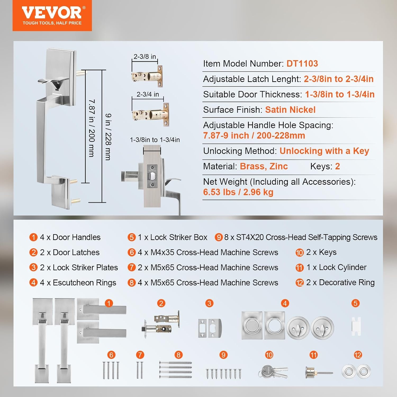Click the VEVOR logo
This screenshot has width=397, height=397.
coord(52,16)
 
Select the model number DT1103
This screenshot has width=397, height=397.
coord(302,64)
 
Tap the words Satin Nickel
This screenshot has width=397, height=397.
coord(290,110)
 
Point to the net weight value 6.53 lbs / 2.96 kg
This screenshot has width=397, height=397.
coord(238,192)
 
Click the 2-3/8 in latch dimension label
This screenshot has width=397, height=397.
coord(145,56)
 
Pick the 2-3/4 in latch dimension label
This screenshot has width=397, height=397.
coord(148,94)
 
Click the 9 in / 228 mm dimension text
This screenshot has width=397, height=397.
coord(108,137)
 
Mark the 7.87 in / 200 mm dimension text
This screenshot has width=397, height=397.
coord(92,128)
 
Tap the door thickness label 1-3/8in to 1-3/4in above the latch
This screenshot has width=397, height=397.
coord(155,140)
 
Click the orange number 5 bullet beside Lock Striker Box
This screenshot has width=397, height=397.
coord(132,237)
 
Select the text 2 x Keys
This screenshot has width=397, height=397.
coord(321,252)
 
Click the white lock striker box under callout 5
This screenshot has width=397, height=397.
coord(356,326)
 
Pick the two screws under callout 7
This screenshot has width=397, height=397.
coord(140,370)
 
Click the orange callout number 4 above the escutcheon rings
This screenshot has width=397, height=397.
coord(285,303)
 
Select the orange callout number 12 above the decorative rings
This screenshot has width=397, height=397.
coord(358,355)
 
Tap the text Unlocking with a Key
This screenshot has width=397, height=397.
coord(324,151)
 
